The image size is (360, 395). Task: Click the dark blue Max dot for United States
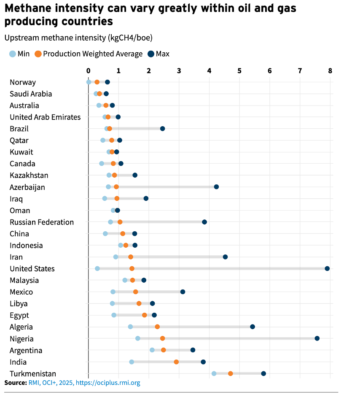327,268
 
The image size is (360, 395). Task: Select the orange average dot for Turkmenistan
231,373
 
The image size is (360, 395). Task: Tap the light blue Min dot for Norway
89,82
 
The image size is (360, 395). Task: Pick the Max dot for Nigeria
317,338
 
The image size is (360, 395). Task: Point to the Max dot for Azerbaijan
216,187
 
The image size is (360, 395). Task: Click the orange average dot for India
176,362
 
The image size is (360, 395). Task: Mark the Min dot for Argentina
152,350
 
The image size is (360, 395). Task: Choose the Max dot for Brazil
162,128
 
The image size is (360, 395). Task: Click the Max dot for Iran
225,257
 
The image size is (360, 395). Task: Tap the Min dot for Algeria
130,327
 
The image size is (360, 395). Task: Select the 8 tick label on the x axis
330,70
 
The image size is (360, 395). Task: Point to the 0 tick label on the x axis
88,70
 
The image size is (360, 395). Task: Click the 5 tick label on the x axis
239,70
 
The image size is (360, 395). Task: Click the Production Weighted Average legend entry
93,54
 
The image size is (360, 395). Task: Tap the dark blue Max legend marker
151,54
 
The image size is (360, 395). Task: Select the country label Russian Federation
42,222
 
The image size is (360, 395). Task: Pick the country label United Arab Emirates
45,117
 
